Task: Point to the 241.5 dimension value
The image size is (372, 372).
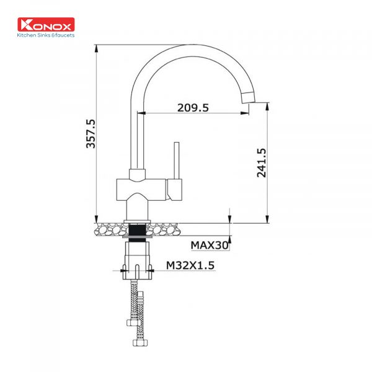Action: pyautogui.click(x=261, y=162)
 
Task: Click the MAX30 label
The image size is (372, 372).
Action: pyautogui.click(x=210, y=246)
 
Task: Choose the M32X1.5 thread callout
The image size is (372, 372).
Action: pyautogui.click(x=190, y=265)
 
